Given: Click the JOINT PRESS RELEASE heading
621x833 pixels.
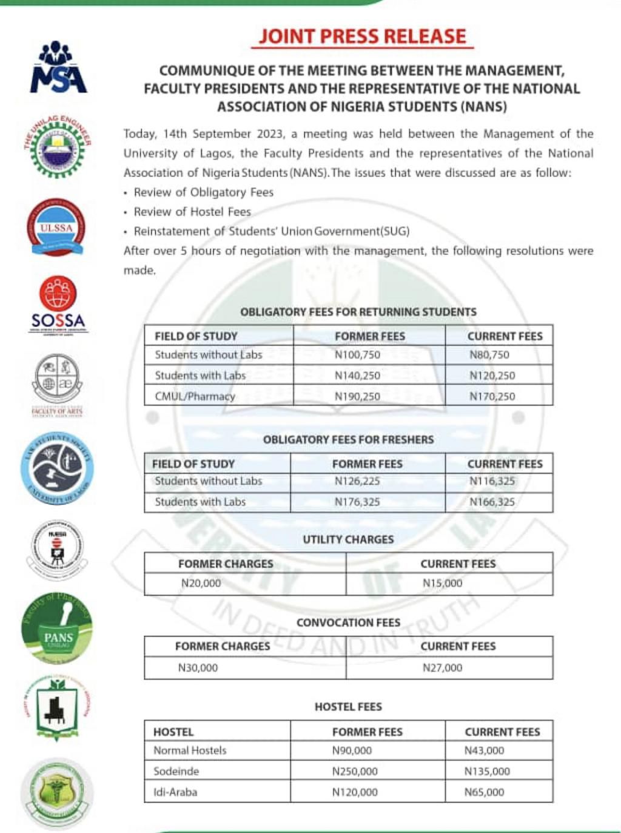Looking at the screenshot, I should [362, 36].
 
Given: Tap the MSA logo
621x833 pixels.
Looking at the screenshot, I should [58, 67].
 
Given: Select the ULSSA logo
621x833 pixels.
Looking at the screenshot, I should [56, 228].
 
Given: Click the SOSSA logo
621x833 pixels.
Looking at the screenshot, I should [58, 304].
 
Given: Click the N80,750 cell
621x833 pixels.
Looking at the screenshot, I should [489, 355].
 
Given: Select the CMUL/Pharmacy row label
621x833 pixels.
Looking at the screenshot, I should [195, 396].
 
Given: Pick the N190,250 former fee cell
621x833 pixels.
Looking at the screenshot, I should [357, 396].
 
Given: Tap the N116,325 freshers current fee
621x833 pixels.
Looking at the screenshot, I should [492, 481].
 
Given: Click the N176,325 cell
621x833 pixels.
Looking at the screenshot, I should [357, 502].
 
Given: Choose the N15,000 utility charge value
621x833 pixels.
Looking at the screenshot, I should [442, 583].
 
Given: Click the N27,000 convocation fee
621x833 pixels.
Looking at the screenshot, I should [442, 667].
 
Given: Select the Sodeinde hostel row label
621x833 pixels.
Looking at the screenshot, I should [176, 771].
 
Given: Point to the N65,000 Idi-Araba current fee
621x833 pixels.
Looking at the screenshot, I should [484, 792].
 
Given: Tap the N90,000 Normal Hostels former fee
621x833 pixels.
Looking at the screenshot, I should [352, 750].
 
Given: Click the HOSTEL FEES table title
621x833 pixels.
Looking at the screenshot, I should [348, 707].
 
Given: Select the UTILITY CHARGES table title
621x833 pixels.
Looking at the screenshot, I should [348, 539].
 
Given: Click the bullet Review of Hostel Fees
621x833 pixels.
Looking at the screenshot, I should [192, 212].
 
